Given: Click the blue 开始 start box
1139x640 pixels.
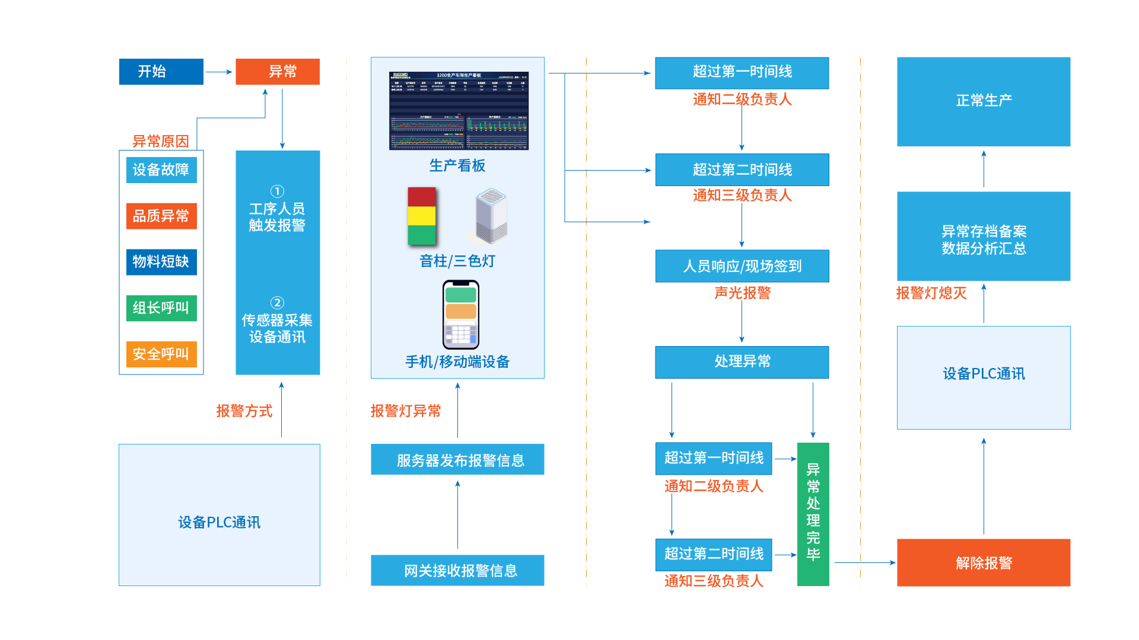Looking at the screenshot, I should coord(161,72).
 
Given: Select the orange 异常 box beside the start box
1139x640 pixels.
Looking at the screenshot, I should coord(278,72).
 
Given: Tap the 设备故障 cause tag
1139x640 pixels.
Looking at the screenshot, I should coord(161,170).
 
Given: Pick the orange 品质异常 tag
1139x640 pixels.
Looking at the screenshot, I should coord(161,216).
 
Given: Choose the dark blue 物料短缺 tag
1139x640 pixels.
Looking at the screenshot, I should coord(161,262).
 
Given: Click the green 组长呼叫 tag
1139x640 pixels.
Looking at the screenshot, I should coord(161,308).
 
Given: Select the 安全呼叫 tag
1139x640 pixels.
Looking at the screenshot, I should coord(161,354).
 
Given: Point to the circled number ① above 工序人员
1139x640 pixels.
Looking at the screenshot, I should coord(277,191).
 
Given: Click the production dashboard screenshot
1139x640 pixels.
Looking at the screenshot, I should coord(459,111).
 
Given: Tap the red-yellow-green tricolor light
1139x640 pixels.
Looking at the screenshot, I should coord(422,216).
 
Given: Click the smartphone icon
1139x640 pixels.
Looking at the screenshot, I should coord(461,315).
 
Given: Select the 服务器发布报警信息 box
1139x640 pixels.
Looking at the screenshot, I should coord(457,460).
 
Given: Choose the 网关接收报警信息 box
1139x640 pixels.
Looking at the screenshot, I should coord(457,571).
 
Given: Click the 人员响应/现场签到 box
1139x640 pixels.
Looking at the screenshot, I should coord(742,267).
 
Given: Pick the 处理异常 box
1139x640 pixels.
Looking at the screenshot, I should coord(742,362).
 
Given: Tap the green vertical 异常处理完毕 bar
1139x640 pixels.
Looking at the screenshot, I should coord(813,514).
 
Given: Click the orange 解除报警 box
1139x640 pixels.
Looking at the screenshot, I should coord(984,563).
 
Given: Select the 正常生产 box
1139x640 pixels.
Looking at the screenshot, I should coord(984,101).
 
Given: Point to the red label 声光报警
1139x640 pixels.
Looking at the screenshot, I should coord(742,293).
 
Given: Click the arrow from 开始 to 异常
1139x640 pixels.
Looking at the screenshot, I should coord(219,72).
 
